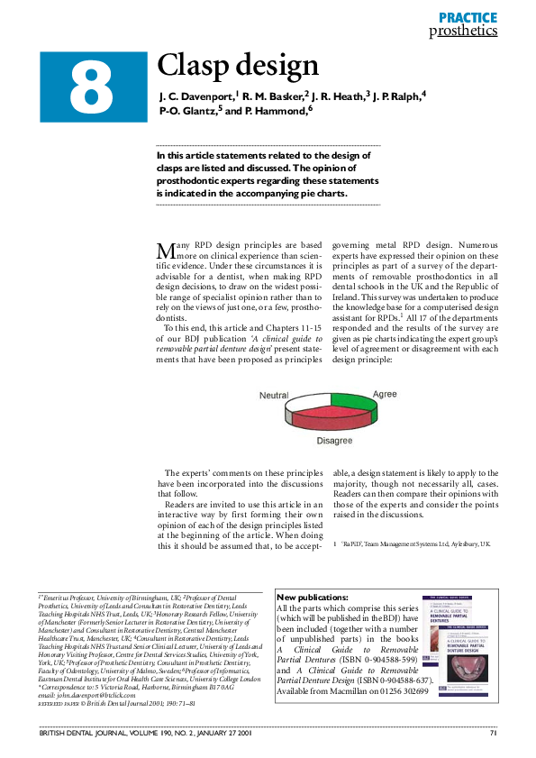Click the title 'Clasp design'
238,65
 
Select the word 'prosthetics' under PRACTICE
463,31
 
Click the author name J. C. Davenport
197,96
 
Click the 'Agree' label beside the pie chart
385,394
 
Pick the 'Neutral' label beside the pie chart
274,396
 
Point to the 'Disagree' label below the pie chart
334,440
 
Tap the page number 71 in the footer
494,732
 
